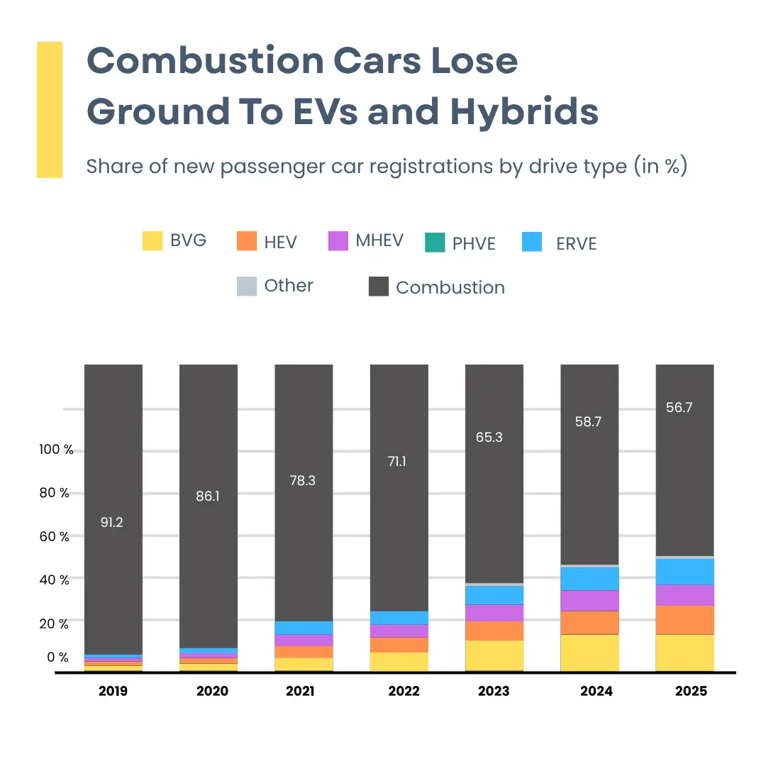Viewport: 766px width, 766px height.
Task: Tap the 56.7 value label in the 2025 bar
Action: tap(679, 408)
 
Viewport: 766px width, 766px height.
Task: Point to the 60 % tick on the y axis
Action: tap(55, 537)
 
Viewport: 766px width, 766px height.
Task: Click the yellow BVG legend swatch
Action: tap(152, 240)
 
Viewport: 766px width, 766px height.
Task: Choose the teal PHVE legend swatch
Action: tap(434, 242)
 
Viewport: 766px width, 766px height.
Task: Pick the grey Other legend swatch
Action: tap(247, 287)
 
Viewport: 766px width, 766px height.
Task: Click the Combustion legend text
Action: tap(450, 287)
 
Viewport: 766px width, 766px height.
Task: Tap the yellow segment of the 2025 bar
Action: tap(684, 652)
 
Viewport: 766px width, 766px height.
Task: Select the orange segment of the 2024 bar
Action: tap(589, 622)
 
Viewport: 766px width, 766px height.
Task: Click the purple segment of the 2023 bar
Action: tap(494, 612)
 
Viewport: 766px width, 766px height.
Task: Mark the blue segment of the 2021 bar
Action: tap(304, 628)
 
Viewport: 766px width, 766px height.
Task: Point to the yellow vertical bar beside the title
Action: tap(50, 109)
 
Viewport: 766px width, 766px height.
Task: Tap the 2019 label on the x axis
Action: tap(113, 691)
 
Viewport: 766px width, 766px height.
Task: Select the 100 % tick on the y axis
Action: tap(56, 450)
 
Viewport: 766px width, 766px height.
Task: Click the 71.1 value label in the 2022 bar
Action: tap(397, 461)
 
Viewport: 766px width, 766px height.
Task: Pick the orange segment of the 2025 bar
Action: tap(684, 619)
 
